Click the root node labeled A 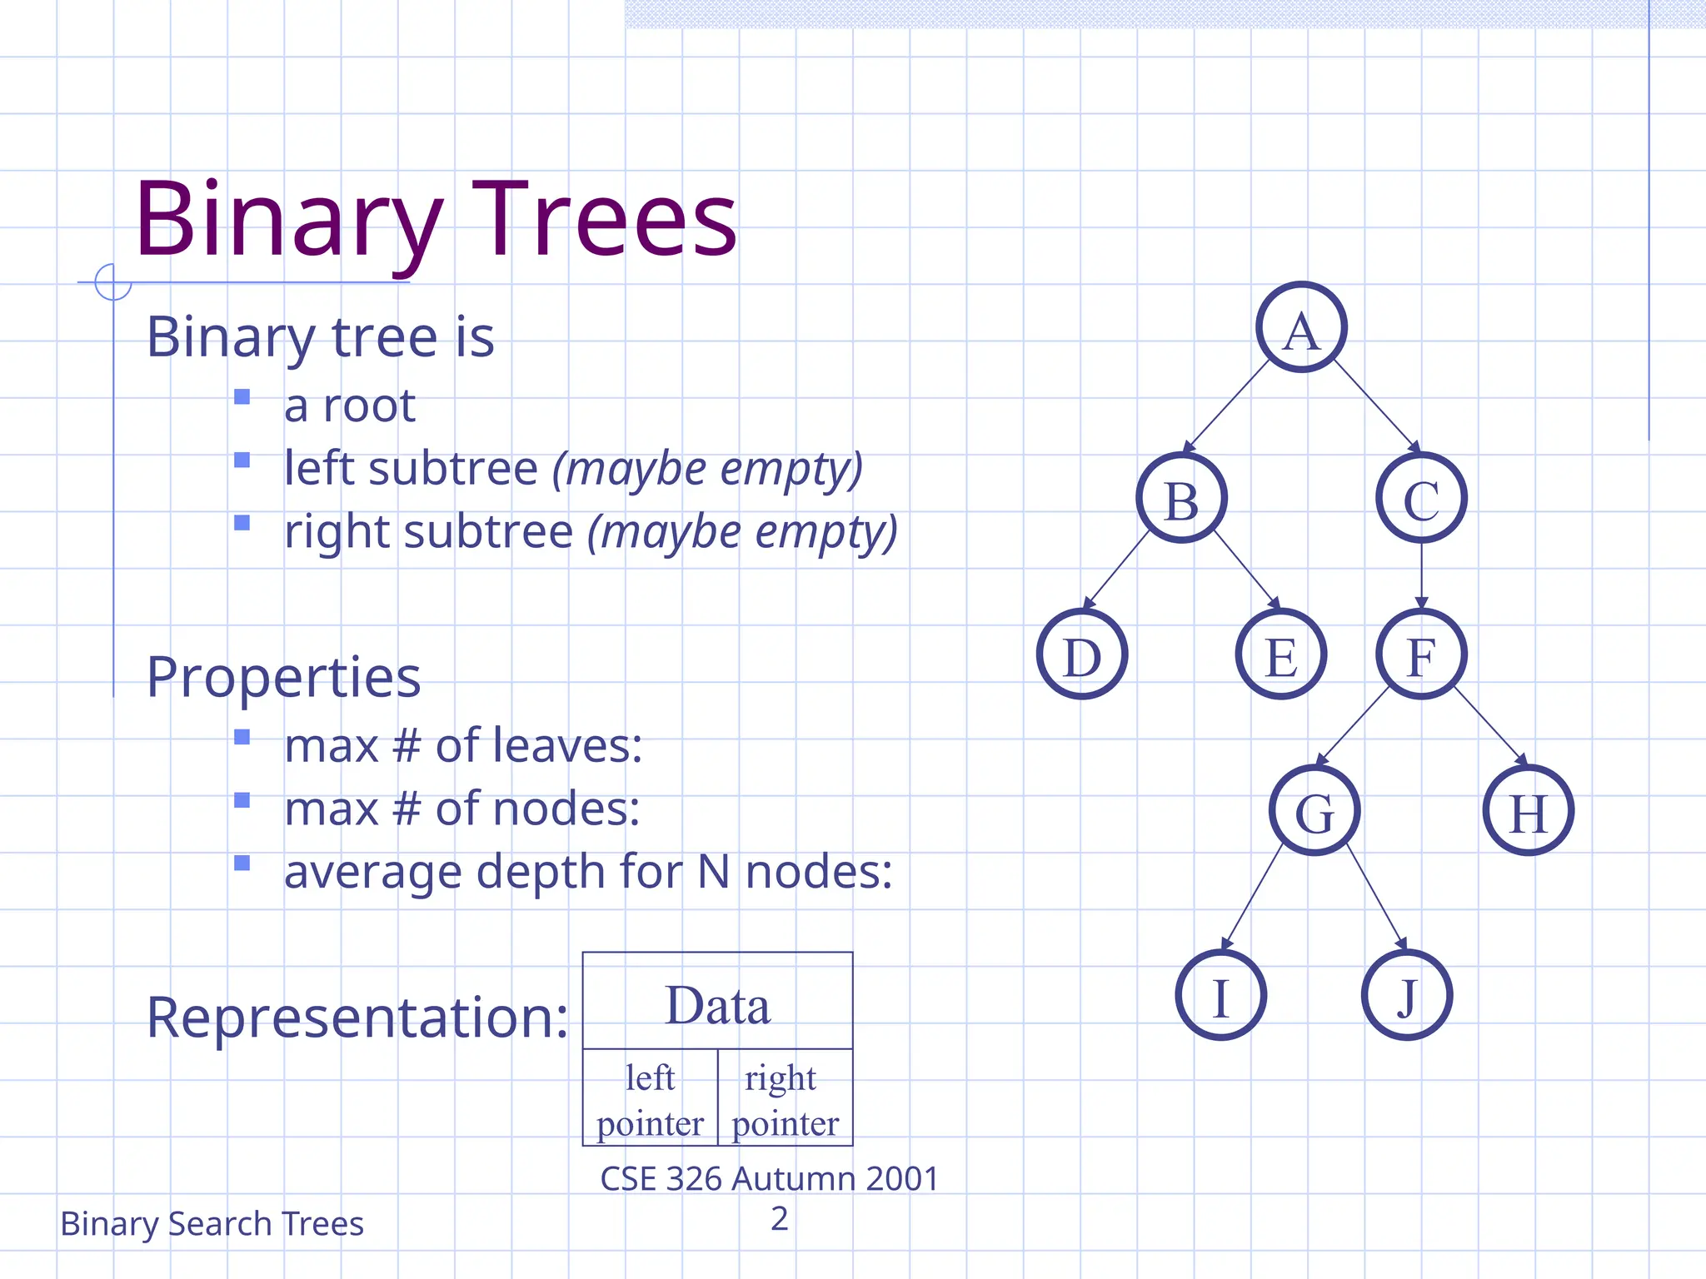click(1301, 327)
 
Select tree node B click(1181, 498)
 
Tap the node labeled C click(1421, 498)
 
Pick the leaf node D click(1082, 654)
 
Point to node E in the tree click(1281, 654)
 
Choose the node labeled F click(1421, 654)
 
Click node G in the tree click(1314, 811)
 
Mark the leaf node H click(1528, 811)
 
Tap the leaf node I click(1220, 995)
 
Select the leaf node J click(1407, 995)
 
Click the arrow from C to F click(1421, 575)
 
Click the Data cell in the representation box click(717, 1002)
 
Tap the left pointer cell click(650, 1098)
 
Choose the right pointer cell click(785, 1098)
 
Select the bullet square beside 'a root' click(242, 397)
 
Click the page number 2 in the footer click(779, 1218)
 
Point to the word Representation click(357, 1017)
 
